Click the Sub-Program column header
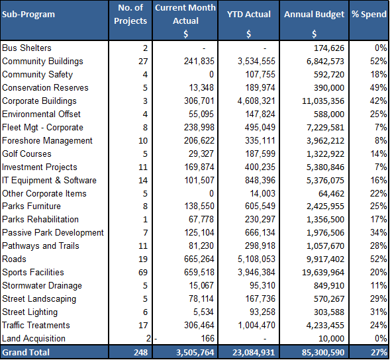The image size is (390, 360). click(x=28, y=15)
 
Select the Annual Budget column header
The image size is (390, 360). click(x=314, y=15)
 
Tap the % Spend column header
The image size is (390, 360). click(x=369, y=15)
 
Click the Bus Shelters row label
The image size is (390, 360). click(x=26, y=48)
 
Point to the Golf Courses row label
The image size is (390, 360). click(x=26, y=154)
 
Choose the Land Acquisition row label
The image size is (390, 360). click(x=34, y=338)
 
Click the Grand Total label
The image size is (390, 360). click(x=26, y=352)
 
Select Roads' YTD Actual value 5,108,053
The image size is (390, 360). click(x=256, y=259)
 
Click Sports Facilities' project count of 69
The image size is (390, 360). click(x=143, y=272)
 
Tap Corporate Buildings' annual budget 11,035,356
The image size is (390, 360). click(x=323, y=101)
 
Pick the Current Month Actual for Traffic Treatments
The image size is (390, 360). click(x=199, y=325)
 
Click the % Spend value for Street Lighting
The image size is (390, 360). click(x=378, y=312)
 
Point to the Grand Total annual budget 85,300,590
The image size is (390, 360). click(x=323, y=352)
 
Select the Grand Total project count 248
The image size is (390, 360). click(x=141, y=352)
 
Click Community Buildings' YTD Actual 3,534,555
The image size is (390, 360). click(x=256, y=61)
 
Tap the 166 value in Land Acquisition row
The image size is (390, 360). click(x=207, y=338)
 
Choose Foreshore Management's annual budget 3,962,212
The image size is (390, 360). click(x=325, y=141)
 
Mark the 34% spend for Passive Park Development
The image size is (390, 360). click(x=378, y=232)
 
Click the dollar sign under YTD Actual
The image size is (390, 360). click(x=249, y=34)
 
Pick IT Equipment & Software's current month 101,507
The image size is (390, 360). click(x=199, y=180)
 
